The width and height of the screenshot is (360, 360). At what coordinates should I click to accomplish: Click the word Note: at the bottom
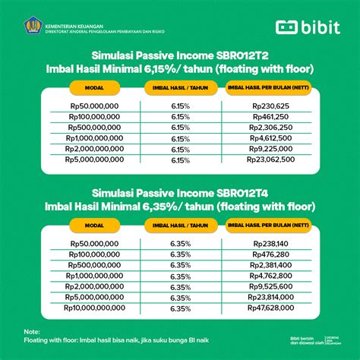[30, 332]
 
